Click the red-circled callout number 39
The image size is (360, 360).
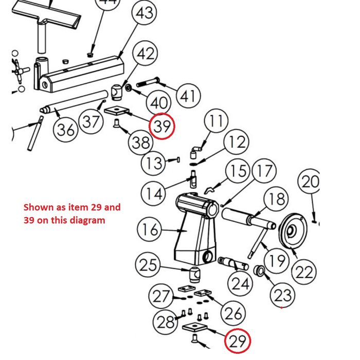point(163,127)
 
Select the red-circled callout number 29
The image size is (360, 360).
point(238,341)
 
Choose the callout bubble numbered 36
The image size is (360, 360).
point(66,130)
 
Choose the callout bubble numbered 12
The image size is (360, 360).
point(237,142)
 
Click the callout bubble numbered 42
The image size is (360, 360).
point(146,53)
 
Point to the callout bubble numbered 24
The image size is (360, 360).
point(240,283)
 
